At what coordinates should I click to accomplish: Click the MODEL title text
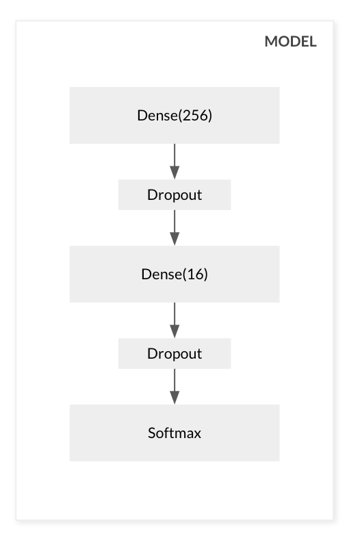[290, 42]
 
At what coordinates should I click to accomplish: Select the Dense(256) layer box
[175, 115]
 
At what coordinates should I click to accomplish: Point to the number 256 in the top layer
[195, 115]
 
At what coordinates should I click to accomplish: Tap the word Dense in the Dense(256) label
[157, 115]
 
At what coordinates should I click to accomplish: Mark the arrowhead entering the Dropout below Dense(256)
[175, 172]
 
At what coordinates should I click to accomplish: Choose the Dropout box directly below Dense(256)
[175, 194]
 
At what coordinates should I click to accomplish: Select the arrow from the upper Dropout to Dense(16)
[175, 228]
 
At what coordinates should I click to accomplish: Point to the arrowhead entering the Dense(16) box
[175, 238]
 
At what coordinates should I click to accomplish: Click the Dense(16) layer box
[175, 274]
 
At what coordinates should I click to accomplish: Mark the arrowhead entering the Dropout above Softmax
[175, 331]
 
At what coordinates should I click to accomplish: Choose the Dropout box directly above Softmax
[175, 353]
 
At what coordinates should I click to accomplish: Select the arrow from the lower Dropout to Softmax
[175, 387]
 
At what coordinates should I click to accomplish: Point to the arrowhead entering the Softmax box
[175, 397]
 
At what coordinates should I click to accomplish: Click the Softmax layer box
[175, 433]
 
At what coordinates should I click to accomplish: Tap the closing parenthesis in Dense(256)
[210, 116]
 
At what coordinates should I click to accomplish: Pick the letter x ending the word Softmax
[197, 434]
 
